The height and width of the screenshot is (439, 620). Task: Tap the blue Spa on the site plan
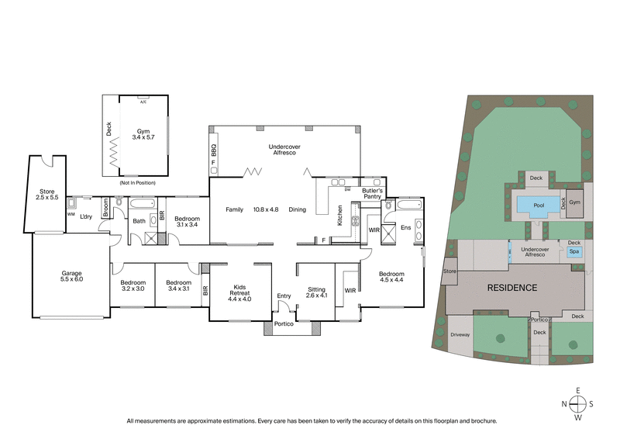(x=574, y=252)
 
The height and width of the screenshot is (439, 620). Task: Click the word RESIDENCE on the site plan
(x=511, y=288)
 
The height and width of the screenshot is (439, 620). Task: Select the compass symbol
(x=577, y=403)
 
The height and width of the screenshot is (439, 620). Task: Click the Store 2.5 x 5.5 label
(x=47, y=194)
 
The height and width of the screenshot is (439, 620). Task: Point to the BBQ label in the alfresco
(x=214, y=152)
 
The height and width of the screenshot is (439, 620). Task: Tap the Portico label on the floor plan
(x=284, y=323)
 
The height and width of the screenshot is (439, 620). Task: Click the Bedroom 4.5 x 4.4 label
(x=392, y=277)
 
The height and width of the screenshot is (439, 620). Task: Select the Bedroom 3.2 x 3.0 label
(x=133, y=286)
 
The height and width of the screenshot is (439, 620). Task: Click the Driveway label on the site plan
(x=460, y=335)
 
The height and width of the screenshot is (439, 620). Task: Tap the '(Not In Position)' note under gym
(x=137, y=182)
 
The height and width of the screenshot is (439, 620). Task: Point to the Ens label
(x=405, y=227)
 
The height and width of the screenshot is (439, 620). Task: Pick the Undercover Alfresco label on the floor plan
(x=284, y=150)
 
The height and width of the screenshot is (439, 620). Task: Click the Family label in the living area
(x=235, y=209)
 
